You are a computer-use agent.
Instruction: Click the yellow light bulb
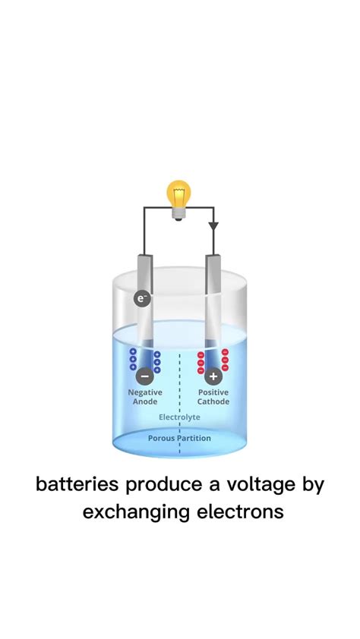point(178,195)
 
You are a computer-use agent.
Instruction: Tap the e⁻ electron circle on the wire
point(141,298)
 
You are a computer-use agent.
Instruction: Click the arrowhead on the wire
point(213,226)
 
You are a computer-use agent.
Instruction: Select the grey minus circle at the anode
point(144,374)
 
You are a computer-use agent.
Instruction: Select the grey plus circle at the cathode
point(213,374)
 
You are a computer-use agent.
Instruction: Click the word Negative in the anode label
point(145,392)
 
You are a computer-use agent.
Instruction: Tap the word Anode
point(145,401)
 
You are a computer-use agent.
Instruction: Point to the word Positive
point(213,392)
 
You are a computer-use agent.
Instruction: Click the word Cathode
point(213,401)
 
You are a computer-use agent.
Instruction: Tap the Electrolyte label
point(179,418)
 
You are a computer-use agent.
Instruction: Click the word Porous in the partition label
point(162,438)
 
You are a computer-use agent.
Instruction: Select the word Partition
point(195,438)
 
